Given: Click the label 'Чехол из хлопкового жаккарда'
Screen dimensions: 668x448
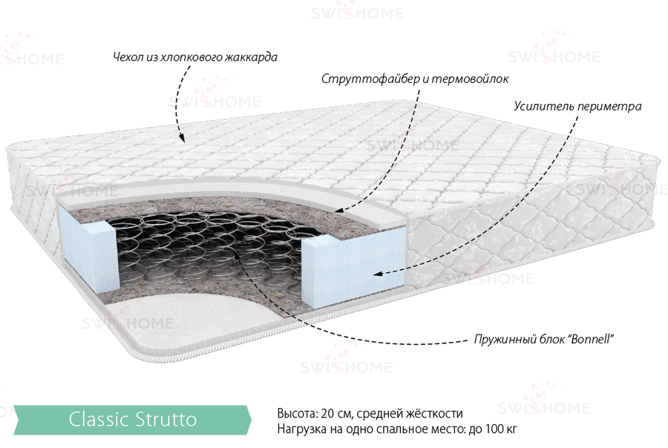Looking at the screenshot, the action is click(195, 57).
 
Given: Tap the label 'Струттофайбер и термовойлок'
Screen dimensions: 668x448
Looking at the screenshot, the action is click(414, 79).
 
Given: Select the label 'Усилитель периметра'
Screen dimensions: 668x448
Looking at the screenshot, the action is click(577, 107).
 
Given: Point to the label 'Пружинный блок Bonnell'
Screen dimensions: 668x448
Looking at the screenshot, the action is click(543, 340).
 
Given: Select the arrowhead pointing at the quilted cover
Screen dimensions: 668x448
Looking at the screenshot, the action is click(182, 138).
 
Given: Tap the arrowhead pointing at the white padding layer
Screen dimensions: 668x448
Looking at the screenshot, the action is click(339, 209).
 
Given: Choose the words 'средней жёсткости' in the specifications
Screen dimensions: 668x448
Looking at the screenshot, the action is click(410, 413).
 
